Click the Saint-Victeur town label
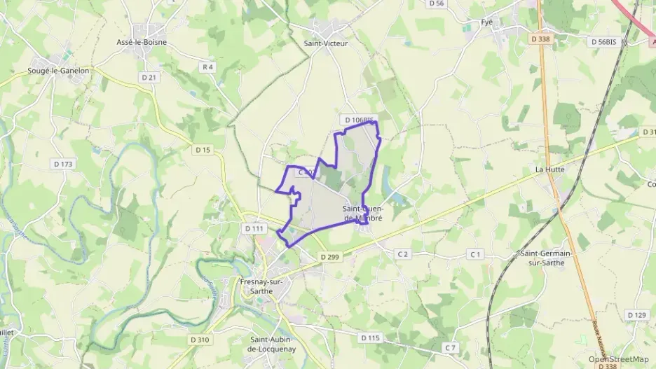325,43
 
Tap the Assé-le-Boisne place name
140,41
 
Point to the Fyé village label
487,22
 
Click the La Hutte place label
549,169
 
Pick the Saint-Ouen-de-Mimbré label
363,213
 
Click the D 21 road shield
149,77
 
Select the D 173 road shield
62,164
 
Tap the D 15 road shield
203,150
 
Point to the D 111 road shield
253,228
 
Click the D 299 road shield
329,257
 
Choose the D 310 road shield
199,340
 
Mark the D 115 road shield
369,337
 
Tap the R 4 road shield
207,67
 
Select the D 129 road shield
636,315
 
